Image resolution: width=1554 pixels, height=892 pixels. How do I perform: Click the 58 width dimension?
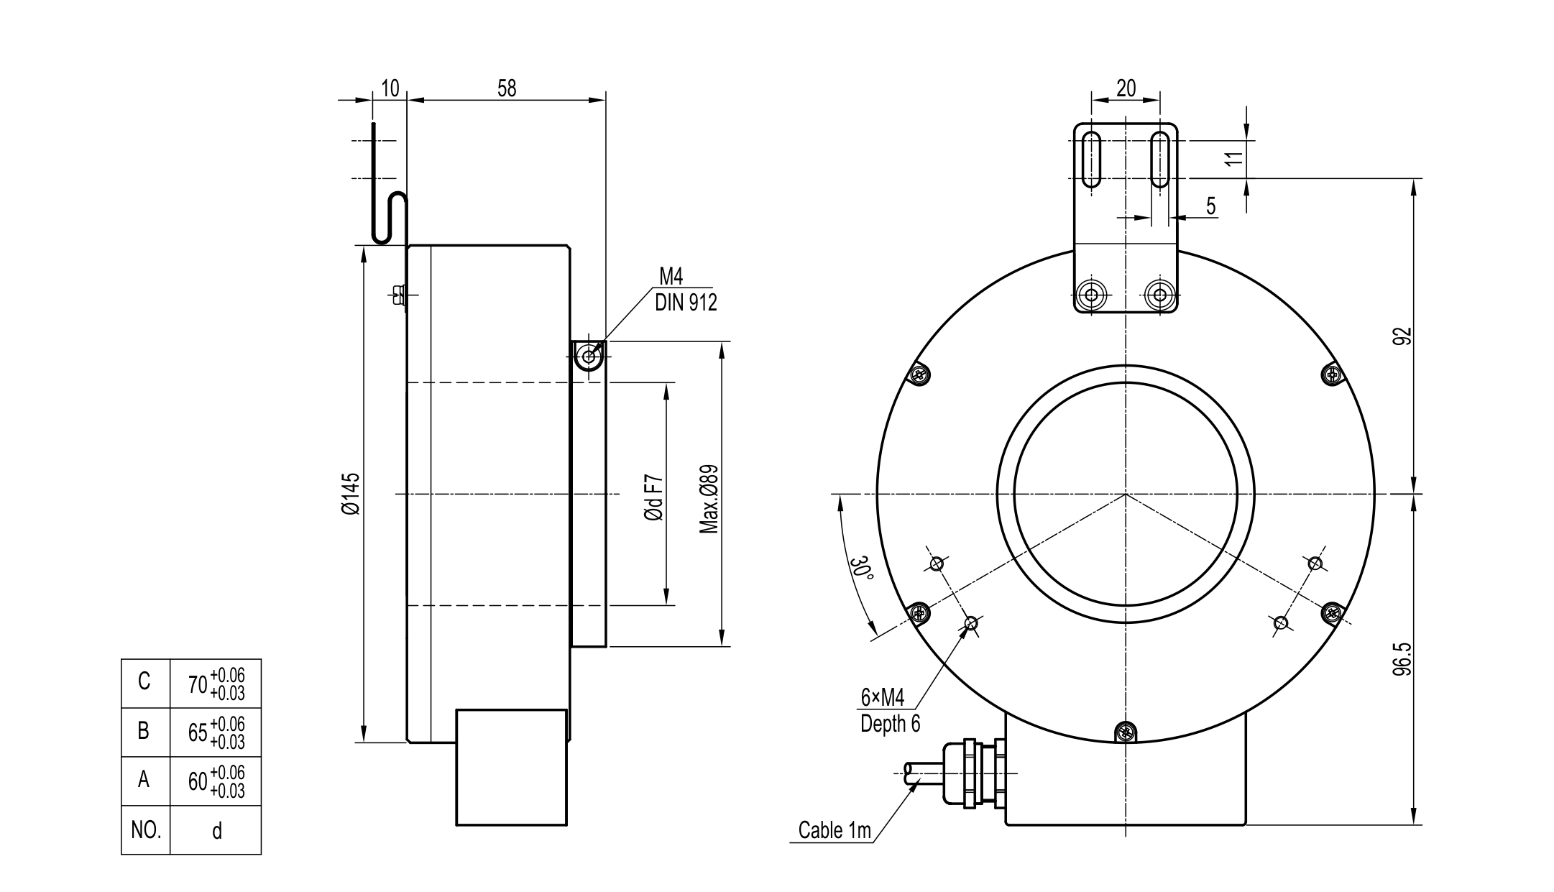[507, 88]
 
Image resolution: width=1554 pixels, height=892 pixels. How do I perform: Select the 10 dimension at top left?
[390, 88]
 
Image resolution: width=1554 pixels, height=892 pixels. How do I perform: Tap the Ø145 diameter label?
[351, 494]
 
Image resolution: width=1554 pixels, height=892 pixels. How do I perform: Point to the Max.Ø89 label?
[709, 499]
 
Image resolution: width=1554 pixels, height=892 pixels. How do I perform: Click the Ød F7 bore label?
[653, 497]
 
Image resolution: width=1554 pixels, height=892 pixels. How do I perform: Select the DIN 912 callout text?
[686, 303]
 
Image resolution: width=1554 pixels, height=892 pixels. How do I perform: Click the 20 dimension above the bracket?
[1126, 88]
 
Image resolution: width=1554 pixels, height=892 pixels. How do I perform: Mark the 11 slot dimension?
[1233, 159]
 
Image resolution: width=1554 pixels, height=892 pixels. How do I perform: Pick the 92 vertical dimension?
[1402, 336]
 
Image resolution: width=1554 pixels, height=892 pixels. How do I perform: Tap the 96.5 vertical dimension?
[1402, 658]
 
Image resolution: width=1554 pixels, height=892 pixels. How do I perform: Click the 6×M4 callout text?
[882, 696]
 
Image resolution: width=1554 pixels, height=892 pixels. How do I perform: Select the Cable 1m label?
[835, 830]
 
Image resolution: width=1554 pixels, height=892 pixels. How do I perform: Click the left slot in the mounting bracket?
[1091, 160]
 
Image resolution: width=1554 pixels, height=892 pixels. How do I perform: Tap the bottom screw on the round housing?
[1126, 733]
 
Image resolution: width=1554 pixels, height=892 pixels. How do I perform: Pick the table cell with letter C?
[144, 681]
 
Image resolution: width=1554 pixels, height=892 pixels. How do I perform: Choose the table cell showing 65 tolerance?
[216, 732]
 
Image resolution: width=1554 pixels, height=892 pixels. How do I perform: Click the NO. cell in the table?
[145, 830]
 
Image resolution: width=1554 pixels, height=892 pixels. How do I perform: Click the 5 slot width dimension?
[1211, 207]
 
